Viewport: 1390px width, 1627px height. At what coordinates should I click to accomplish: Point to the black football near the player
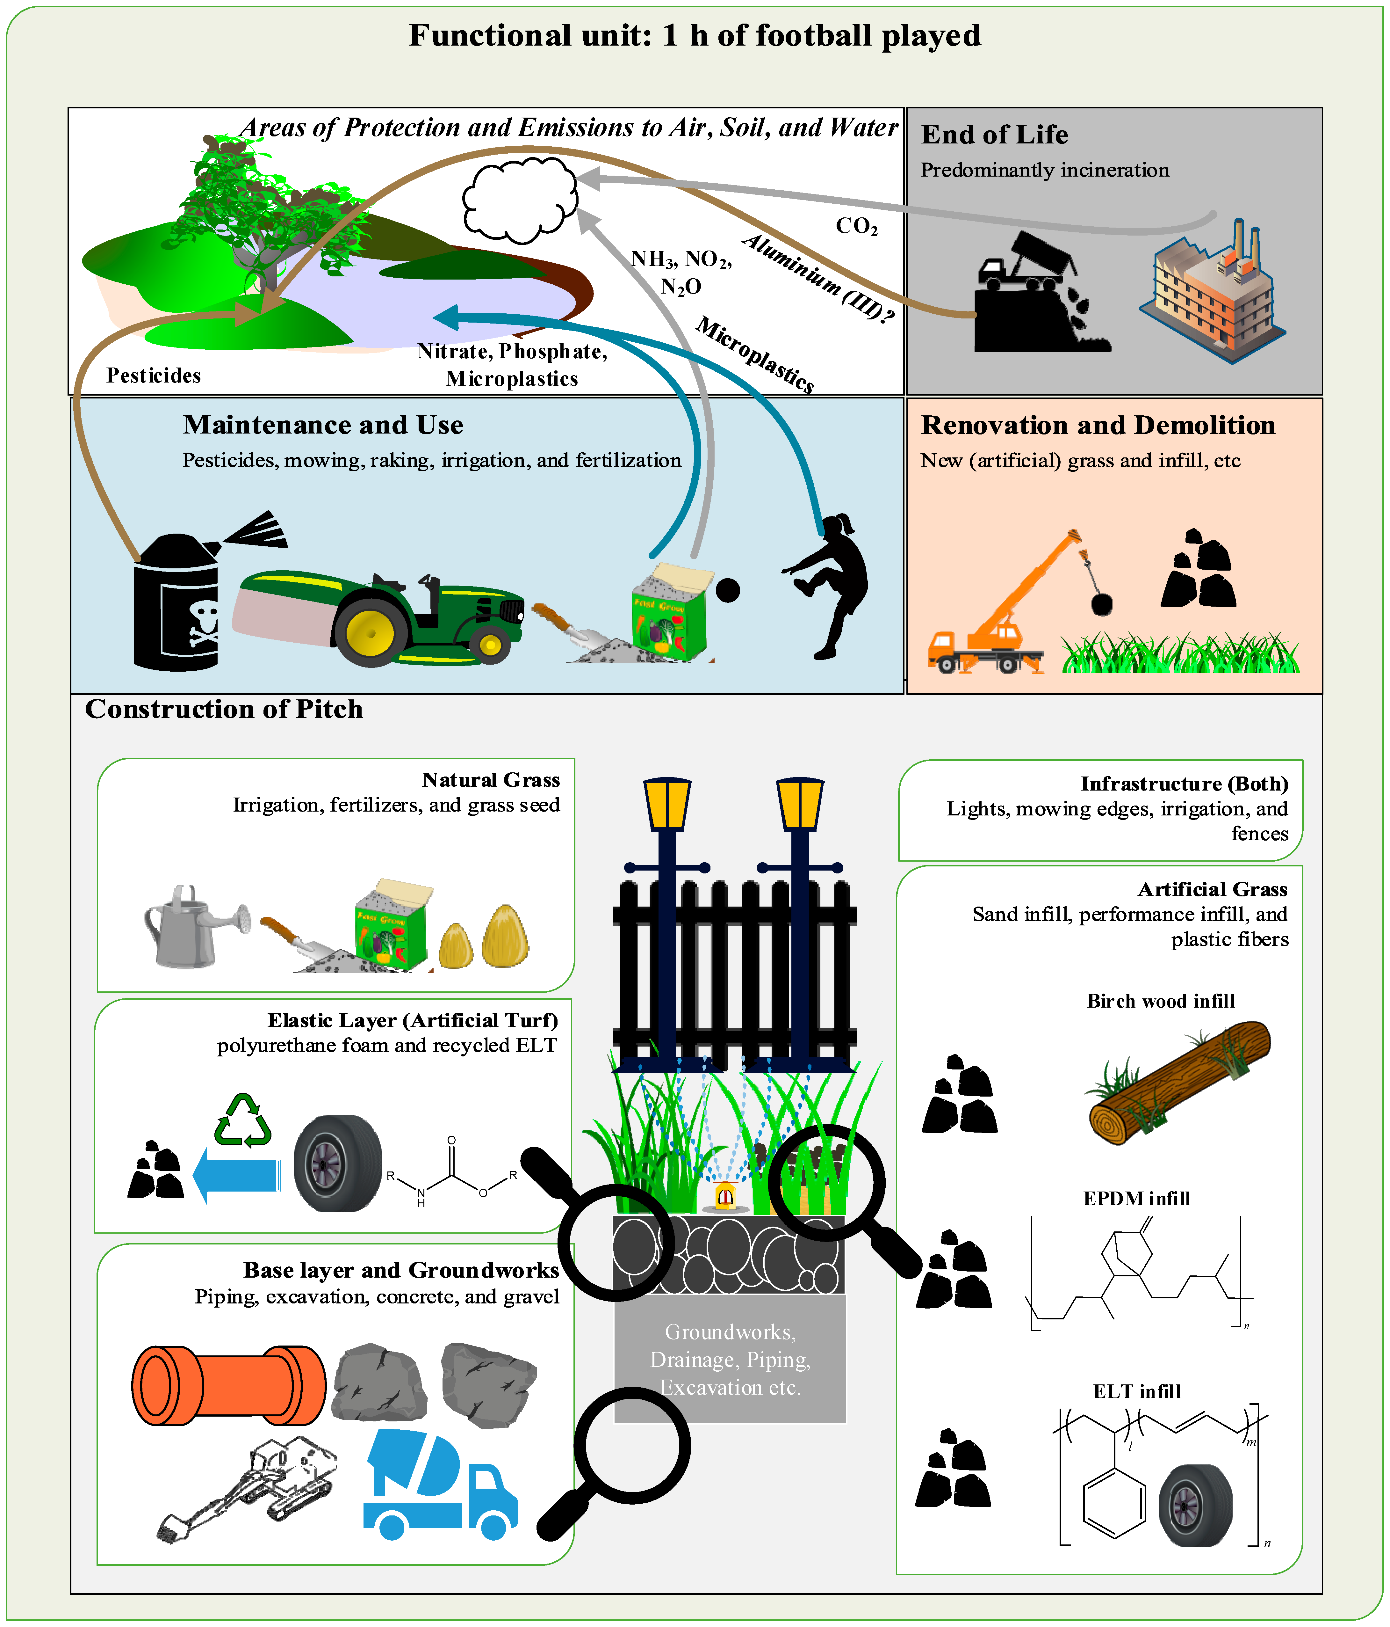(x=728, y=590)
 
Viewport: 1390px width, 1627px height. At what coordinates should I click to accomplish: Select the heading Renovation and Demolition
(x=1097, y=425)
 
